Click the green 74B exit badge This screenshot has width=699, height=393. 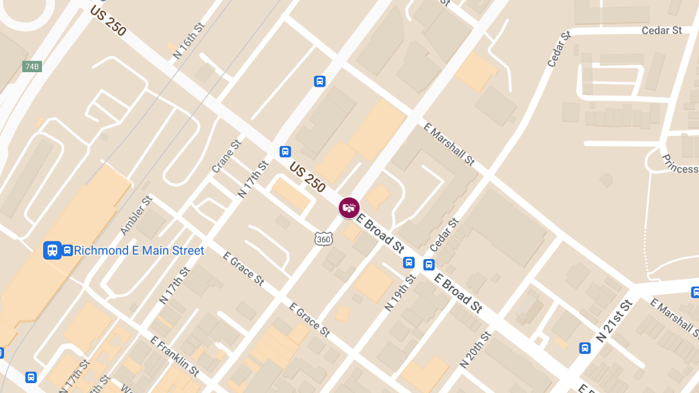click(x=32, y=66)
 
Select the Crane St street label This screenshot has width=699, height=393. click(x=226, y=156)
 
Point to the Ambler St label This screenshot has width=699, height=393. click(x=136, y=215)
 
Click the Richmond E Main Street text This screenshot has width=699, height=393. click(x=139, y=251)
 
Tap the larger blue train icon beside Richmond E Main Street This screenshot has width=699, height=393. click(x=52, y=250)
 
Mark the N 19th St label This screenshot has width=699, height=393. click(x=400, y=292)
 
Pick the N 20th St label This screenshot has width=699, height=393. click(x=475, y=349)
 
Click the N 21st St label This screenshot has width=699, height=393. click(x=614, y=321)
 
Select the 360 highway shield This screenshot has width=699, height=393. click(x=323, y=239)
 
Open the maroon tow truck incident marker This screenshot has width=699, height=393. click(x=349, y=207)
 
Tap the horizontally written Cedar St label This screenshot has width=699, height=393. click(x=662, y=30)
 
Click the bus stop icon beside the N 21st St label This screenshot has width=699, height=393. click(x=585, y=348)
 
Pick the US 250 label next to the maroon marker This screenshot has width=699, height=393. click(x=307, y=177)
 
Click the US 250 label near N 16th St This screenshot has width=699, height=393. click(x=108, y=21)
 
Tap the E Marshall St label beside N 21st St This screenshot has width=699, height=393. click(x=674, y=318)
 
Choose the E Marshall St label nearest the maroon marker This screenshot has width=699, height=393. click(x=449, y=144)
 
